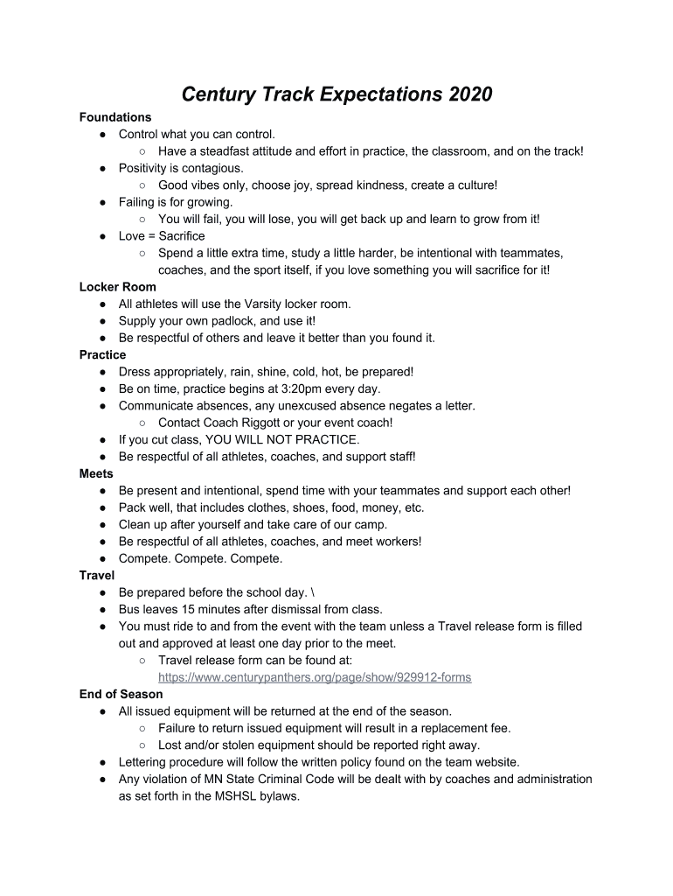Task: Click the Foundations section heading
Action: click(x=115, y=117)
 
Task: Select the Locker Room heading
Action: click(x=118, y=287)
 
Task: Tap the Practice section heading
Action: click(x=102, y=355)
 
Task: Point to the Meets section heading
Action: click(x=96, y=474)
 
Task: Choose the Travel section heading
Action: click(x=97, y=576)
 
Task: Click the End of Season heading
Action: click(x=121, y=695)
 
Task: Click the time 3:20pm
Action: click(x=296, y=389)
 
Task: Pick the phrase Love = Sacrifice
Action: click(x=162, y=236)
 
